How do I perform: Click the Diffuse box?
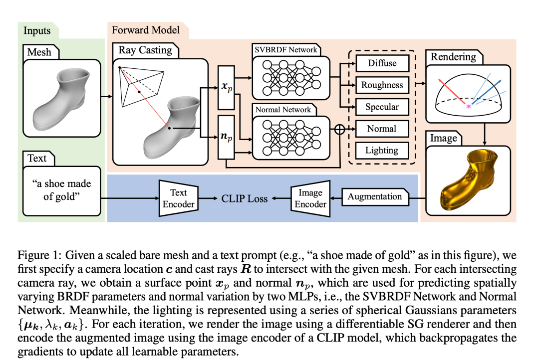click(x=382, y=63)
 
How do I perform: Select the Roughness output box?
click(x=382, y=85)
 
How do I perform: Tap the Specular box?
click(x=382, y=107)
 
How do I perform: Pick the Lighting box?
click(x=382, y=151)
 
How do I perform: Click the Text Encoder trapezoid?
click(x=178, y=198)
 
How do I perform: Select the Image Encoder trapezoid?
click(x=310, y=198)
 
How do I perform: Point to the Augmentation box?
click(x=375, y=197)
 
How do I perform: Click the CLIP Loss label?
click(x=245, y=198)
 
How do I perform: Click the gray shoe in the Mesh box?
click(x=61, y=99)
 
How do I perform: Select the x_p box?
click(x=226, y=86)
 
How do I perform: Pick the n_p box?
click(x=226, y=137)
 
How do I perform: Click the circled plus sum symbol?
click(x=340, y=129)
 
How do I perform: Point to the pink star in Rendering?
click(x=469, y=107)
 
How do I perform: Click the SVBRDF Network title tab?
click(x=286, y=50)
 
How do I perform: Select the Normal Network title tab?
click(x=283, y=110)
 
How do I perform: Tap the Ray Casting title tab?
click(x=145, y=50)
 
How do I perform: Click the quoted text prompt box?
click(x=62, y=190)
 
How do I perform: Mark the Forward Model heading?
click(x=146, y=30)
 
